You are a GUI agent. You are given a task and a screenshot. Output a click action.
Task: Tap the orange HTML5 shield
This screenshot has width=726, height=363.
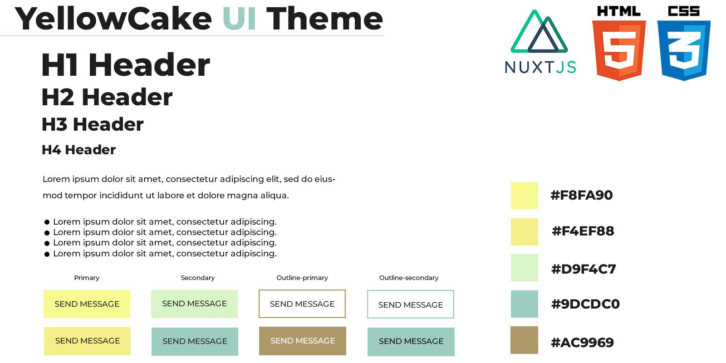[x=619, y=50]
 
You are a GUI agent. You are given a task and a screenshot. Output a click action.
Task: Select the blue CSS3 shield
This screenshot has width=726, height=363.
[x=683, y=50]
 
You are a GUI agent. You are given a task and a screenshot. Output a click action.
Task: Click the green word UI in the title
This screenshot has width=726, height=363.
[x=240, y=19]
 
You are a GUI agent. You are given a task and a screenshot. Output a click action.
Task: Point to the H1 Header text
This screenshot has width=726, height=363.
[x=126, y=65]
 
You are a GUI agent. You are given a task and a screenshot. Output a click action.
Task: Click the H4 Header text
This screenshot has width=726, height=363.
[x=79, y=150]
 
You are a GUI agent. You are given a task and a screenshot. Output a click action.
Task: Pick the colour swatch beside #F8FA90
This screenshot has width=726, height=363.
[x=525, y=196]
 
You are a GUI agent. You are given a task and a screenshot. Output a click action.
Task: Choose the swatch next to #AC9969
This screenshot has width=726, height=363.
[x=524, y=340]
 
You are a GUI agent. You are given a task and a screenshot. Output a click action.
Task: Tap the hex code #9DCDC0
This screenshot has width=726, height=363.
[x=585, y=304]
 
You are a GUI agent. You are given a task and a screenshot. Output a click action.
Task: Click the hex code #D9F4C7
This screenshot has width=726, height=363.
[x=584, y=269]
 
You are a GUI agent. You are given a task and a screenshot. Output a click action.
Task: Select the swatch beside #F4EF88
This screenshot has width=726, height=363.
[x=525, y=232]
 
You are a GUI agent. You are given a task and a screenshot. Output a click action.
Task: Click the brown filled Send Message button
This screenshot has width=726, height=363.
[x=302, y=341]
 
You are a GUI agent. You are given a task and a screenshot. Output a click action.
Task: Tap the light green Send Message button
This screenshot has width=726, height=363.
[x=194, y=304]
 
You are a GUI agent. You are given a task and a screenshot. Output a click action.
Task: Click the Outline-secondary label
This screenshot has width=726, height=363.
[x=409, y=278]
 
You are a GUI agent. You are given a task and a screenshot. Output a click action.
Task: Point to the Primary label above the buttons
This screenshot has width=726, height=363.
[x=87, y=278]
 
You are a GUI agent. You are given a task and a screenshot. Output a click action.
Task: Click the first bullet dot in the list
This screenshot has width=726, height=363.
[x=47, y=222]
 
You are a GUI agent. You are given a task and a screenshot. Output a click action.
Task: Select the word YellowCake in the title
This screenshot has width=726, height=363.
[x=113, y=19]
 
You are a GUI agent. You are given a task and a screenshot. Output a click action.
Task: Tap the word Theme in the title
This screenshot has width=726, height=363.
[x=324, y=19]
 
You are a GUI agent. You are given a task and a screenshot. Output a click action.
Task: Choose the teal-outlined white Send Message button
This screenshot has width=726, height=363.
[x=410, y=304]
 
